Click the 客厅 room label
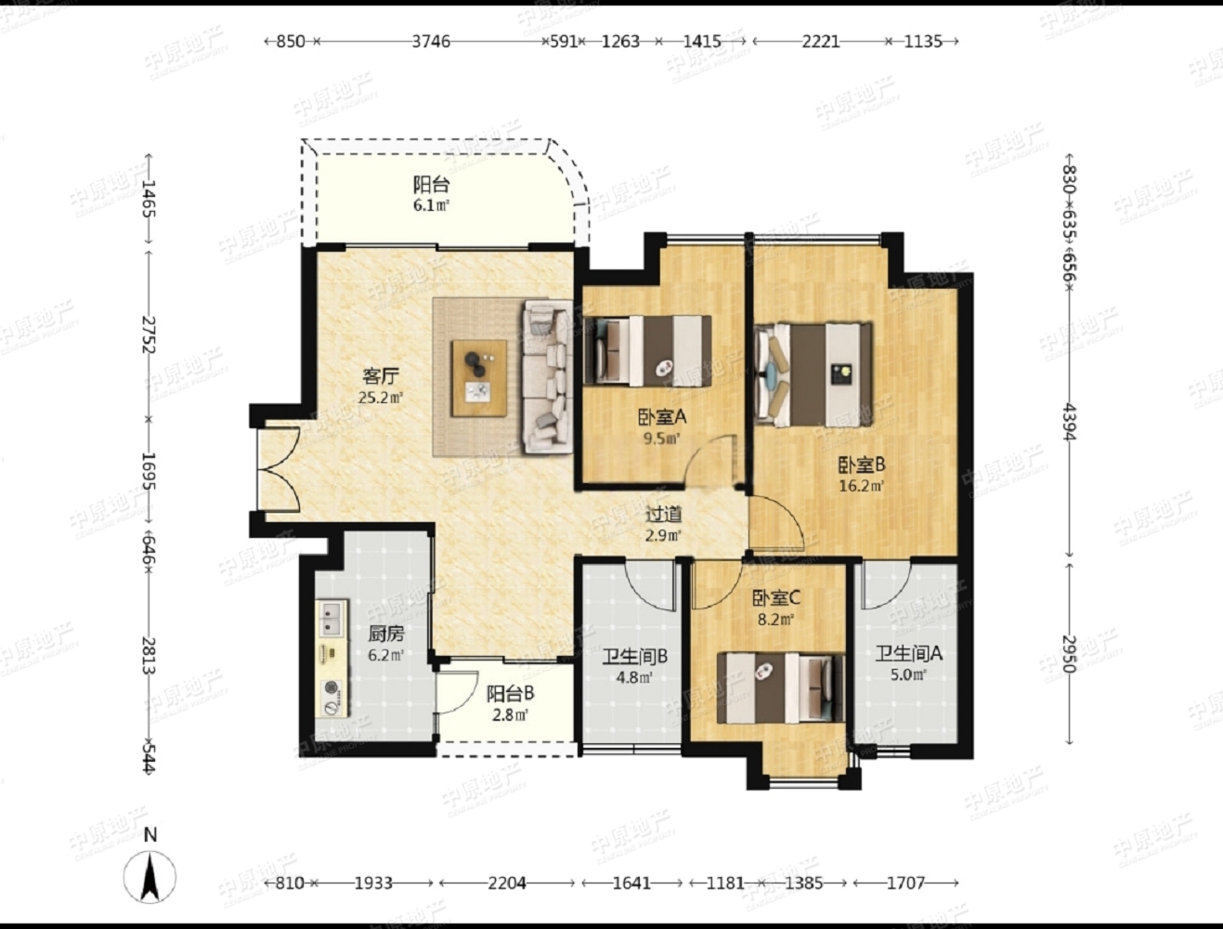point(381,377)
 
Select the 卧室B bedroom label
point(862,464)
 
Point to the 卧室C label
point(776,598)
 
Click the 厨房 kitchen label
point(386,634)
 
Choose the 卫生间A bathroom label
point(909,653)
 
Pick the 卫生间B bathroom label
point(634,657)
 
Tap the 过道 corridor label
point(664,514)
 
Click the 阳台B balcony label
point(511,694)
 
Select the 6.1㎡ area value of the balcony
point(431,205)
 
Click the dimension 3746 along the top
point(431,41)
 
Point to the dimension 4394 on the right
point(1069,422)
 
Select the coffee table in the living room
point(479,378)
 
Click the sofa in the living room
point(547,376)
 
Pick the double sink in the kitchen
point(332,619)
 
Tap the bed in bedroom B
point(813,375)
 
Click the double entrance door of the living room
point(279,469)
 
